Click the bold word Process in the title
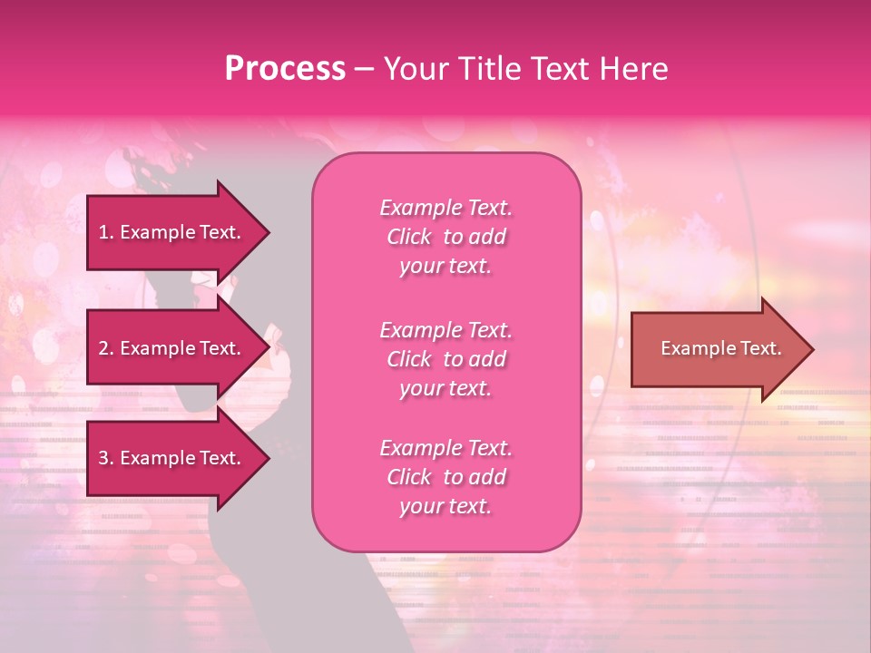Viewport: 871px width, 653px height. point(285,69)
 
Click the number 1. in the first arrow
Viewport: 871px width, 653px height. point(106,232)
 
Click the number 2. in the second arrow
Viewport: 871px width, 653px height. point(106,348)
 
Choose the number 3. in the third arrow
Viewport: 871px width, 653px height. point(106,458)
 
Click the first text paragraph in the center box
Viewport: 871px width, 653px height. point(446,237)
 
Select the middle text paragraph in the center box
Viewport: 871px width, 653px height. point(446,359)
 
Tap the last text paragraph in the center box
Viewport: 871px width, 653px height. point(446,477)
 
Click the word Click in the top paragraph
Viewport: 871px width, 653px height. point(409,237)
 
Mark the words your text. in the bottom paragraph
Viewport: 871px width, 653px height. point(445,506)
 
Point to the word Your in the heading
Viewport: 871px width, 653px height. point(413,69)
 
